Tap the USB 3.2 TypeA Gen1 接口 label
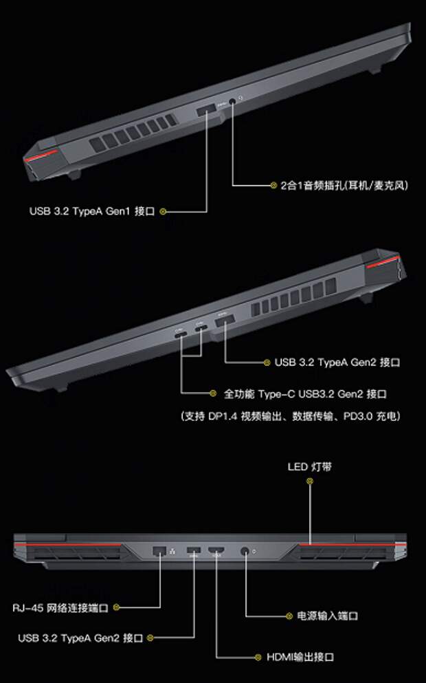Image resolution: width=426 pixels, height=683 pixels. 92,211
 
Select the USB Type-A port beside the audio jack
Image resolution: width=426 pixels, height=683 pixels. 206,110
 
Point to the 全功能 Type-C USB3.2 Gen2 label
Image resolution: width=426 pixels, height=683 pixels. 305,394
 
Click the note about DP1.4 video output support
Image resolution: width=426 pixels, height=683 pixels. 290,416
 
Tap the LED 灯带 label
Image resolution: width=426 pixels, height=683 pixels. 309,467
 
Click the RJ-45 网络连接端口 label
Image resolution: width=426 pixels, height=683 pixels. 60,607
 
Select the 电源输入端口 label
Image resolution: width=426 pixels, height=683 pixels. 327,616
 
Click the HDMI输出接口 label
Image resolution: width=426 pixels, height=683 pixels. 300,657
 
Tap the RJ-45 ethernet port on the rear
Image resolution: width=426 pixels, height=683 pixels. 159,550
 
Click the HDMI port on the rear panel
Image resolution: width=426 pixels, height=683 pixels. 216,550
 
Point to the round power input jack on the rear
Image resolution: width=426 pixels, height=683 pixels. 245,552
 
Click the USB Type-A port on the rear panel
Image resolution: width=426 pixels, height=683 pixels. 194,550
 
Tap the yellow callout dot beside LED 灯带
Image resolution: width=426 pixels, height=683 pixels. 310,481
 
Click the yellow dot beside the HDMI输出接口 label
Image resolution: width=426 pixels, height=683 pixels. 258,657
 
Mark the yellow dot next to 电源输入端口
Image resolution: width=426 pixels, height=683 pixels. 289,616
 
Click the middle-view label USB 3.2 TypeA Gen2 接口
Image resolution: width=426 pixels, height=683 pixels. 337,362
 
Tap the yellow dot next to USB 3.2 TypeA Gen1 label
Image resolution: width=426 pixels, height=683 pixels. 163,212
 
